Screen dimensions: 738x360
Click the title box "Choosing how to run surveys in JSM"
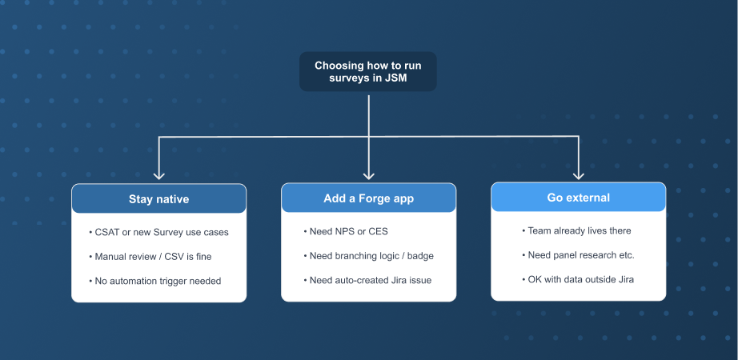click(x=368, y=71)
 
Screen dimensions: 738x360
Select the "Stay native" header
click(x=159, y=198)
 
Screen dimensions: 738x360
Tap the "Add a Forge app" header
click(x=368, y=198)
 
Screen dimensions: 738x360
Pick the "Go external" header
click(x=579, y=197)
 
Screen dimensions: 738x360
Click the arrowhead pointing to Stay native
click(x=159, y=175)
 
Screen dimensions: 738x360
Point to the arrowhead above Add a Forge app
click(x=368, y=175)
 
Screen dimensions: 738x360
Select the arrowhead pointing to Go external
click(x=579, y=175)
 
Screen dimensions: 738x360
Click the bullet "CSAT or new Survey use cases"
click(x=158, y=232)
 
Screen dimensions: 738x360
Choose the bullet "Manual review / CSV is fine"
click(x=150, y=257)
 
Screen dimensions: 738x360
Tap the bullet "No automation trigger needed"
click(x=154, y=281)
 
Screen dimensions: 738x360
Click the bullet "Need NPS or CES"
click(x=346, y=231)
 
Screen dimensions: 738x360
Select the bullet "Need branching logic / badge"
click(x=368, y=256)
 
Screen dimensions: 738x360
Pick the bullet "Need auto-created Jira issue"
click(x=367, y=281)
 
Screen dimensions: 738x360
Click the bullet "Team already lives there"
click(x=576, y=230)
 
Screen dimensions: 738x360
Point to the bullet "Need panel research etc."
click(x=579, y=255)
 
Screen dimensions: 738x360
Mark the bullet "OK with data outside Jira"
click(x=578, y=279)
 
